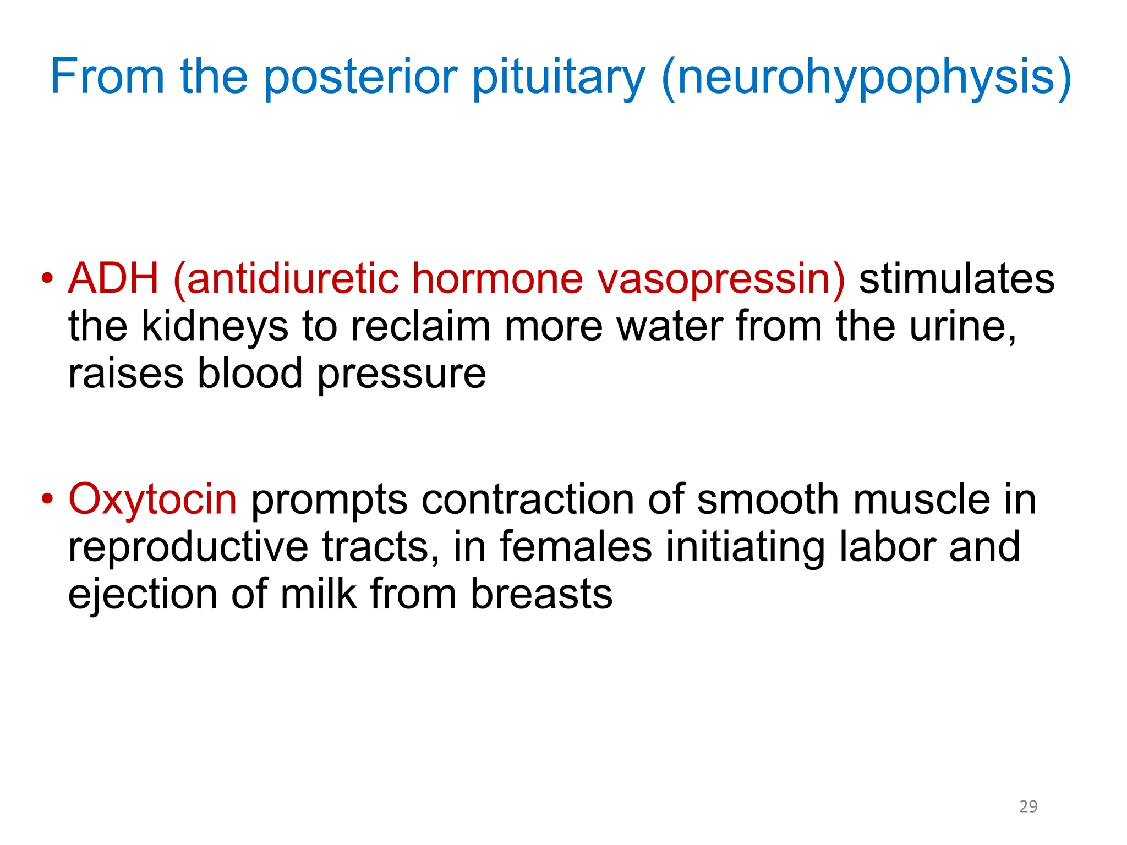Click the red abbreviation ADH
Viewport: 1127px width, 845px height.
[113, 278]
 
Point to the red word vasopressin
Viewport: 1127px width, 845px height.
[721, 279]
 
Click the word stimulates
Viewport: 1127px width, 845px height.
[956, 279]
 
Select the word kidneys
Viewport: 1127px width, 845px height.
[215, 327]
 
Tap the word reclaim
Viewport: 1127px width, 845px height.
[420, 326]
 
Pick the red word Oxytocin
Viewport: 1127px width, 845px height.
[152, 500]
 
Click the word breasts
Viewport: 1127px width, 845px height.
[541, 594]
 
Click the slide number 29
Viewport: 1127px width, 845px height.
[1028, 806]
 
